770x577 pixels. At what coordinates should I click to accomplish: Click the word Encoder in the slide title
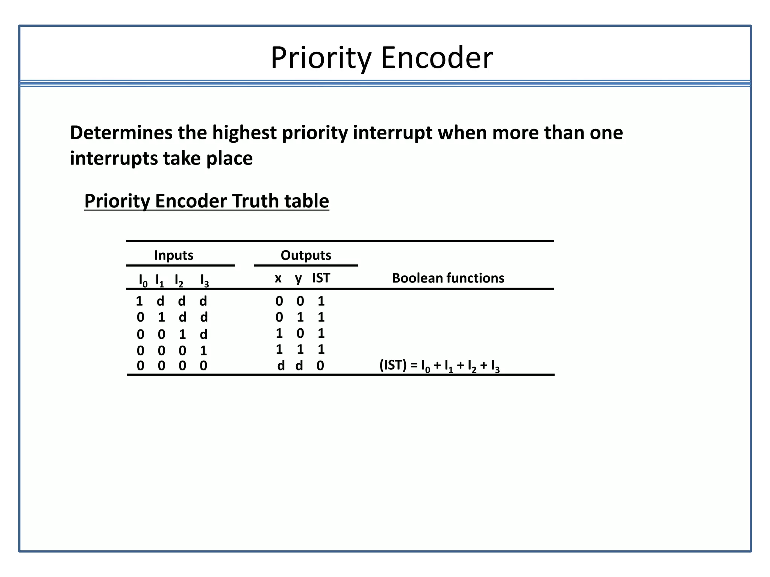pos(437,58)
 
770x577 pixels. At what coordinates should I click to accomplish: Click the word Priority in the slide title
pos(320,58)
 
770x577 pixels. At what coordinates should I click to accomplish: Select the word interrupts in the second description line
pos(113,159)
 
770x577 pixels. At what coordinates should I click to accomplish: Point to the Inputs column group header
pos(174,255)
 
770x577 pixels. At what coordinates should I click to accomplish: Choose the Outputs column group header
pos(306,255)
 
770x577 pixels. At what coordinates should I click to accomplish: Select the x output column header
pos(278,278)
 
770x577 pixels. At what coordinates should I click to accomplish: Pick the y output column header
pos(299,279)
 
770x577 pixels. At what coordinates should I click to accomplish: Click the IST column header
pos(321,278)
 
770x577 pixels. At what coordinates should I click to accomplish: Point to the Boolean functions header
pos(448,278)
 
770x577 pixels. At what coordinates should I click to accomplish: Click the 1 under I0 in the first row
pos(139,301)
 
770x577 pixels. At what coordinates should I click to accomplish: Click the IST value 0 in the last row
pos(320,366)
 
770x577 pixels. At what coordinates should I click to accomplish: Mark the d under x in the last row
pos(281,366)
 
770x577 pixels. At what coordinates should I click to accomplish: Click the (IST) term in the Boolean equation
pos(393,365)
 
